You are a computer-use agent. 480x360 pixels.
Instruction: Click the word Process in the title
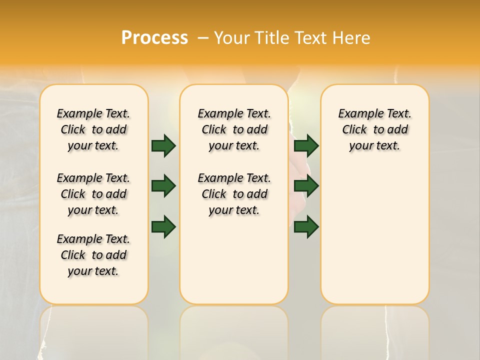[154, 37]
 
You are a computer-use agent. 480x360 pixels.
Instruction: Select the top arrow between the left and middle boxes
[163, 145]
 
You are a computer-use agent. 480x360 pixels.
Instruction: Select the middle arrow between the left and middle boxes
[163, 186]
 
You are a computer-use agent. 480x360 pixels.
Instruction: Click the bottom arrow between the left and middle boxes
[163, 226]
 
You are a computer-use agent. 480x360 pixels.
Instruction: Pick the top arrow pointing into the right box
[306, 145]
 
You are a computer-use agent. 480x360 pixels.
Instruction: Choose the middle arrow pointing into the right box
[306, 186]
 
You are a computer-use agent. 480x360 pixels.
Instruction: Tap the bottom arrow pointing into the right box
[306, 226]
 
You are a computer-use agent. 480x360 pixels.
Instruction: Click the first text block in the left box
[93, 129]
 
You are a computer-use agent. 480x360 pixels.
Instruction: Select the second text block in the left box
[93, 194]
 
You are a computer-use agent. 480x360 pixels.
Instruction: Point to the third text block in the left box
[93, 255]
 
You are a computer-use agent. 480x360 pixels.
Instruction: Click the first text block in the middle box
[234, 129]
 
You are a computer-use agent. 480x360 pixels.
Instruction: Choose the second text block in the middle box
[234, 194]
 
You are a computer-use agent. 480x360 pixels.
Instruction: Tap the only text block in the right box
[375, 129]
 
